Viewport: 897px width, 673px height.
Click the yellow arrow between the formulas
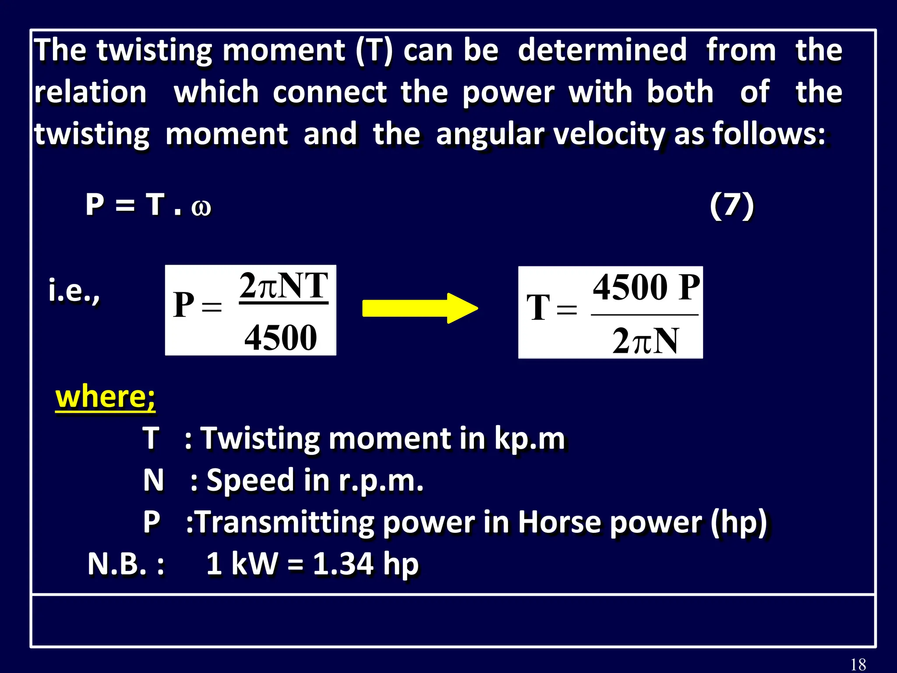click(x=420, y=308)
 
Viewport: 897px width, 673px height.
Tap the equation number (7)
click(x=731, y=205)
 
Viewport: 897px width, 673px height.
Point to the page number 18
click(x=858, y=664)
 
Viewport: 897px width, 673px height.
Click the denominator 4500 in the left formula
click(x=280, y=337)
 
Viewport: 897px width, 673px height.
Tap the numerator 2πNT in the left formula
click(x=284, y=286)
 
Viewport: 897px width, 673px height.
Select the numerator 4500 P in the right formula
click(x=646, y=287)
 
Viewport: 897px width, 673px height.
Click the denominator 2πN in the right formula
click(x=645, y=341)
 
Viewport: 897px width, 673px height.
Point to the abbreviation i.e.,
click(x=74, y=291)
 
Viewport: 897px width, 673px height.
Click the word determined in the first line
click(x=602, y=50)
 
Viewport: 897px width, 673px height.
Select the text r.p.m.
click(x=381, y=480)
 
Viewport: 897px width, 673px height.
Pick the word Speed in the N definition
click(x=250, y=480)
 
